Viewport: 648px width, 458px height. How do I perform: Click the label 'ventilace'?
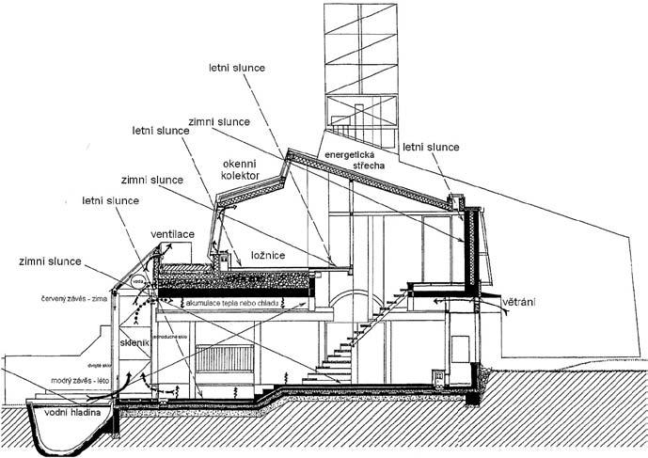pyautogui.click(x=171, y=233)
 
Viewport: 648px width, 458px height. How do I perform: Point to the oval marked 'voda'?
pyautogui.click(x=138, y=279)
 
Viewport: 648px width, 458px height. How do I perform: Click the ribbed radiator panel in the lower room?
pyautogui.click(x=224, y=361)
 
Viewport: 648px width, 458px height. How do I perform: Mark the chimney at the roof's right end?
pyautogui.click(x=456, y=202)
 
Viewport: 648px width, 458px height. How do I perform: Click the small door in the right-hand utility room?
pyautogui.click(x=458, y=356)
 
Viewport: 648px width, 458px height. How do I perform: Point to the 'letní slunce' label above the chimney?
pyautogui.click(x=430, y=148)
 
